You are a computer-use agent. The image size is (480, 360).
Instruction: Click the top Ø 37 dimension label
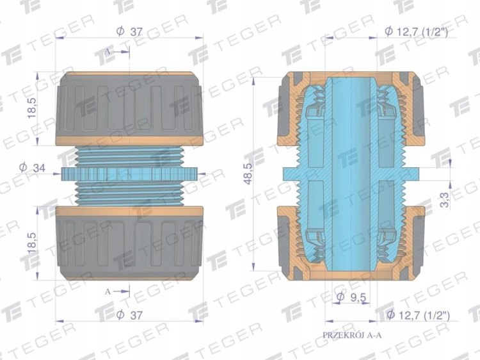coord(129,31)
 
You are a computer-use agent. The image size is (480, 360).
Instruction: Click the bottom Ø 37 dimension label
coord(129,315)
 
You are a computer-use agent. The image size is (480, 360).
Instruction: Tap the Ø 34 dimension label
coord(32,168)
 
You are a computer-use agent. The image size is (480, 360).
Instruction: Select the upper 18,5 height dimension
coord(32,108)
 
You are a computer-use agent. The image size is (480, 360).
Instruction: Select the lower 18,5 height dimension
coord(32,243)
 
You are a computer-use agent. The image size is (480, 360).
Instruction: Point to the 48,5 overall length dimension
coord(248,174)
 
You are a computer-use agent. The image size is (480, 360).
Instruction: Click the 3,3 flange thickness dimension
coord(445,200)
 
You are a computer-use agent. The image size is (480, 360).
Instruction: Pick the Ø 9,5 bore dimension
coord(351,297)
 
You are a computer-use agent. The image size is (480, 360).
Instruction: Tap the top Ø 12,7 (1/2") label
coord(417,31)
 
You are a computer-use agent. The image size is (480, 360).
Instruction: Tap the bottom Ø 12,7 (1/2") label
coord(418,315)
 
